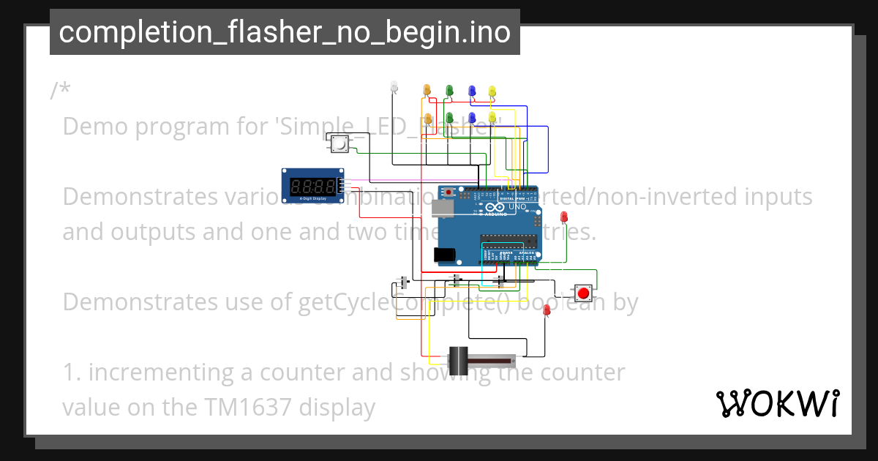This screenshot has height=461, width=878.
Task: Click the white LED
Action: click(x=394, y=87)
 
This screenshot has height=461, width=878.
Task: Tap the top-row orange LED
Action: click(x=427, y=90)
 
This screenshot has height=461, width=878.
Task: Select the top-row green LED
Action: click(x=449, y=90)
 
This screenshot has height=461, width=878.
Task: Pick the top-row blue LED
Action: click(x=472, y=90)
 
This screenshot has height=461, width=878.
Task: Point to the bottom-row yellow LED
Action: click(x=492, y=117)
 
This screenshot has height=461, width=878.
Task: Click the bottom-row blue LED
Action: click(x=472, y=117)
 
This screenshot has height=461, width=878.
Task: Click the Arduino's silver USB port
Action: click(x=442, y=209)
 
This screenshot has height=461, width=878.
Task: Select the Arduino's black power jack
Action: click(x=444, y=255)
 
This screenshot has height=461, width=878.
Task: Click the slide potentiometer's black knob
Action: click(x=459, y=359)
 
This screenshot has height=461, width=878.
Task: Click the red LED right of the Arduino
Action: click(x=564, y=217)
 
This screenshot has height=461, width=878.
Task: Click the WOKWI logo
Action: click(x=777, y=403)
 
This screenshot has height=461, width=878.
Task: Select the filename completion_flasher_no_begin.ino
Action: click(x=285, y=32)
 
